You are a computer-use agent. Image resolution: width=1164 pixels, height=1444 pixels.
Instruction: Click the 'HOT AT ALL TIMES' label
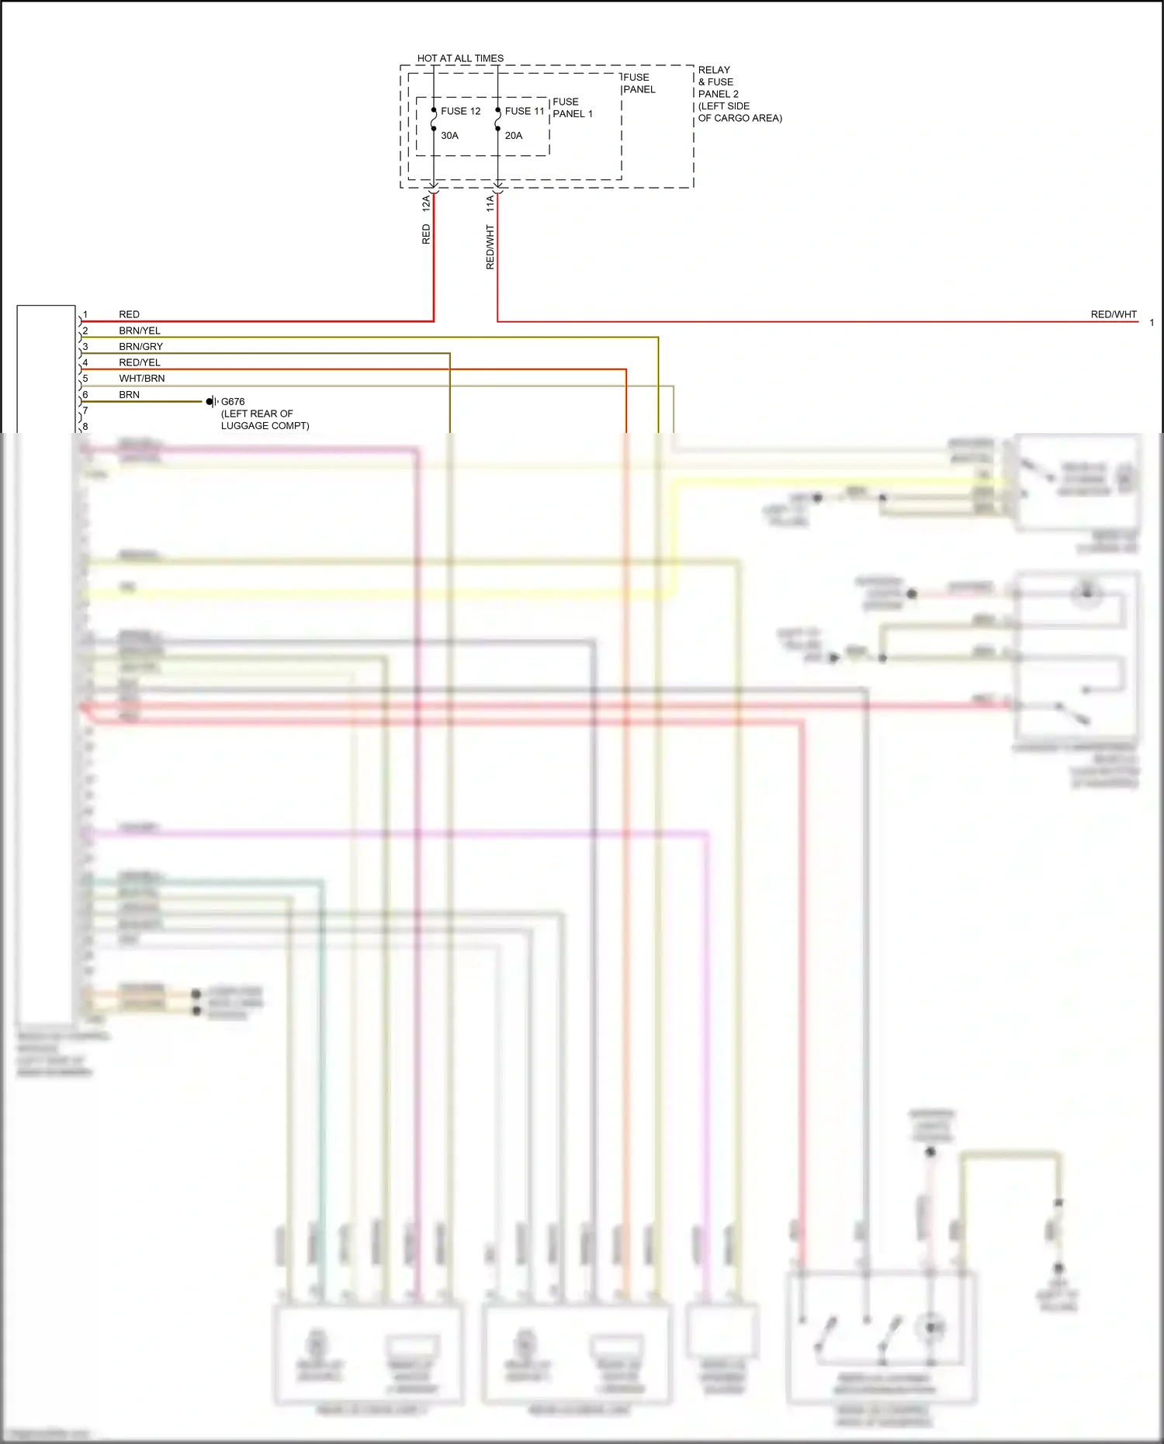coord(460,58)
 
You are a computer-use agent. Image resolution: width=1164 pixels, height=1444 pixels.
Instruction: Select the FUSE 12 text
coord(460,111)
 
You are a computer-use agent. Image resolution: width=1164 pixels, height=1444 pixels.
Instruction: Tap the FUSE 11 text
coord(525,111)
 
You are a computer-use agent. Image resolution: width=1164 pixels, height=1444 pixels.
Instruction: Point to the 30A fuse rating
coord(449,135)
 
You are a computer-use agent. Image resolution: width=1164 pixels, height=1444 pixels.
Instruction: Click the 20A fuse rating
coord(513,135)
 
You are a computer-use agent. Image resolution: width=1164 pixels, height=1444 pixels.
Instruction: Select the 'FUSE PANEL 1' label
coord(572,108)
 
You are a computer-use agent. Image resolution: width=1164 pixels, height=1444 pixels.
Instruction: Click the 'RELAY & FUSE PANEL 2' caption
coord(719,81)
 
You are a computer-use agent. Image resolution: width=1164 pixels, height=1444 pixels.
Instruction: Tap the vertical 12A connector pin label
coord(426,204)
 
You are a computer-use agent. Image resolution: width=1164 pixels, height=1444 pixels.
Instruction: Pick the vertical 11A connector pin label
coord(490,204)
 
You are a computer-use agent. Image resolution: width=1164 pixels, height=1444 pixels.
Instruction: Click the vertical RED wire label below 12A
coord(426,234)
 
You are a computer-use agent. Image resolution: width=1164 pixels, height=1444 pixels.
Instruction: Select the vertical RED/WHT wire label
coord(490,247)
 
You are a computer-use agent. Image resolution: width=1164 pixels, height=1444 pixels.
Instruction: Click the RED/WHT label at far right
coord(1113,314)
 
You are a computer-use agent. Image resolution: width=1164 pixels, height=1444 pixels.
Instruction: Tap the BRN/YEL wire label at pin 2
coord(140,331)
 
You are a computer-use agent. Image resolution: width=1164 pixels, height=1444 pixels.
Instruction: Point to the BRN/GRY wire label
coord(140,347)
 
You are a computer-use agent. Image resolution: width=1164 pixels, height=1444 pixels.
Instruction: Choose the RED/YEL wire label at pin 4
coord(140,362)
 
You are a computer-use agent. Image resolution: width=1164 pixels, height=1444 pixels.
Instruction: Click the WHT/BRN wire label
coord(141,379)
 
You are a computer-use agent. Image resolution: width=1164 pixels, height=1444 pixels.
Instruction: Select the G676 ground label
coord(233,402)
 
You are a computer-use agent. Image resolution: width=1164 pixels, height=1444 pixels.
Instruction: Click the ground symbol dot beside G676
coord(210,401)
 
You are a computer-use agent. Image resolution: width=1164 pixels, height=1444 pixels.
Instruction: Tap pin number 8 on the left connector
coord(85,427)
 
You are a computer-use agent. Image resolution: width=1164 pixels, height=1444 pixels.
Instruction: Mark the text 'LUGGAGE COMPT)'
coord(265,426)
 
